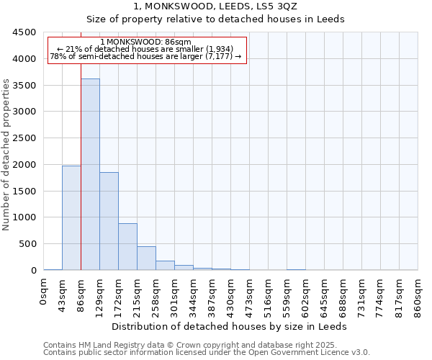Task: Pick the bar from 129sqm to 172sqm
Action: click(x=109, y=221)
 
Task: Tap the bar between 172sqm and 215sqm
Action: click(x=127, y=246)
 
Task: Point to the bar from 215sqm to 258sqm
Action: click(x=146, y=258)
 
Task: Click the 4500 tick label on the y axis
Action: click(x=23, y=32)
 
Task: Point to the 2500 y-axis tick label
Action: click(x=23, y=138)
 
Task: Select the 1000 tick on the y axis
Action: click(x=23, y=217)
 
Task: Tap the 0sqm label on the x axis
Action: click(x=44, y=295)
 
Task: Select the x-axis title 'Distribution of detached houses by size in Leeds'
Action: click(x=230, y=326)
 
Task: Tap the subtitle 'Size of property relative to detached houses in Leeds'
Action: click(x=215, y=19)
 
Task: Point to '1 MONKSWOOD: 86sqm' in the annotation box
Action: click(x=146, y=42)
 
